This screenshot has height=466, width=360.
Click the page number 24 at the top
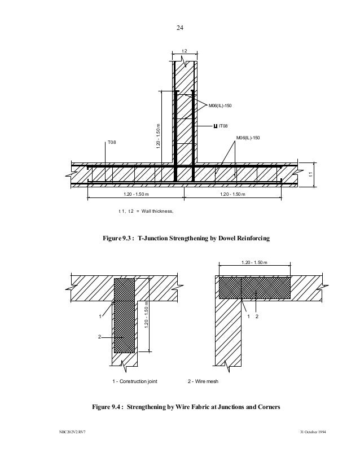[x=180, y=27]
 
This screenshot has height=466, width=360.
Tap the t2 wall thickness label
[x=184, y=52]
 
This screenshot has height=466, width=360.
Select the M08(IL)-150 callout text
[x=220, y=105]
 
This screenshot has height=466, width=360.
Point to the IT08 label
[x=223, y=126]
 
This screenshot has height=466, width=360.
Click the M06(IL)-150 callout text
[x=248, y=138]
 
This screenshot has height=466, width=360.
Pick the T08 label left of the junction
[x=112, y=143]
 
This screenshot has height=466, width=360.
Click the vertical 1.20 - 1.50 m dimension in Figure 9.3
[x=159, y=136]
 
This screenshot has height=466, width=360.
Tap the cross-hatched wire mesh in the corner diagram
[x=254, y=287]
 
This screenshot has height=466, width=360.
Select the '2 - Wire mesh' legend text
[x=203, y=382]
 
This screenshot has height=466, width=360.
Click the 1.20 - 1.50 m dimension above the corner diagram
[x=254, y=262]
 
